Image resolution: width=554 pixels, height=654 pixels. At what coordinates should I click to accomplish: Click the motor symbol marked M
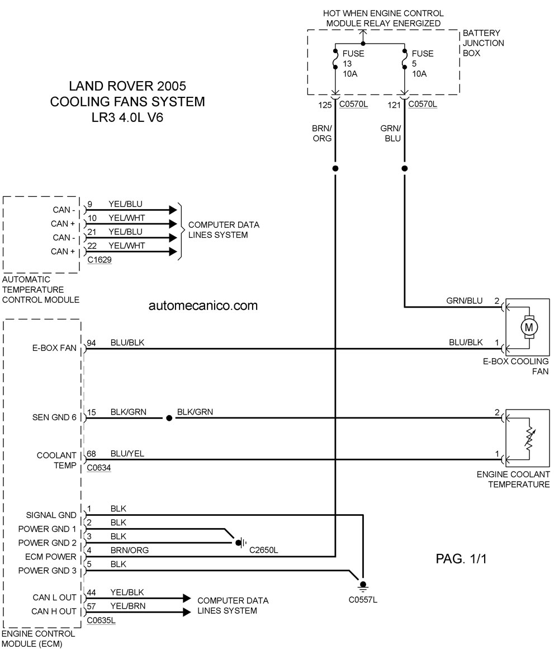click(529, 327)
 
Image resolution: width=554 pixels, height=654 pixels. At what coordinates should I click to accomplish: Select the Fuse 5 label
click(422, 64)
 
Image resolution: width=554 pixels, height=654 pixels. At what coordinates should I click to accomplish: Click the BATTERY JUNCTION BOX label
click(483, 43)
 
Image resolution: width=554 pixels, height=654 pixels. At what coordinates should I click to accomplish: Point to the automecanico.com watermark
click(203, 305)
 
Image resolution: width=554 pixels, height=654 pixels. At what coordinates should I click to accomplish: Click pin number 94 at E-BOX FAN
click(91, 343)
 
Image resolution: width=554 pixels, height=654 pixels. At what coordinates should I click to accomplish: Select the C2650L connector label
click(263, 550)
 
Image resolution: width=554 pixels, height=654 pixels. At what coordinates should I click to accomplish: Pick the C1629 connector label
click(100, 260)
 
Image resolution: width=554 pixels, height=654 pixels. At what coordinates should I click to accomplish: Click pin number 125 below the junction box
click(325, 105)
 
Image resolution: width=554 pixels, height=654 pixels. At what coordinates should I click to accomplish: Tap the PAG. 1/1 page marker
click(461, 558)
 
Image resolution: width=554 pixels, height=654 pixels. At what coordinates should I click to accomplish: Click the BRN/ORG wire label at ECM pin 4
click(130, 550)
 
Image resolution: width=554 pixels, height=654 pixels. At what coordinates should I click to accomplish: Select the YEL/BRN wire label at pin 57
click(128, 606)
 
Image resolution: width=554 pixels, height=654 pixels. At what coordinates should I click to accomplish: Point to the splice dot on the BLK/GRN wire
click(169, 418)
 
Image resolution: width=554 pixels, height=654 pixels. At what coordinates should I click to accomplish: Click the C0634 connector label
click(99, 468)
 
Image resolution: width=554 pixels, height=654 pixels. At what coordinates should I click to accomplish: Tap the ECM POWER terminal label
click(51, 557)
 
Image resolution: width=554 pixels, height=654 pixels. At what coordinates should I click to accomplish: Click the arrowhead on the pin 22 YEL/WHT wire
click(173, 252)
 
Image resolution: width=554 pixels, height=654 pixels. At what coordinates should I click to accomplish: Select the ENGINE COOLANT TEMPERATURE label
click(514, 479)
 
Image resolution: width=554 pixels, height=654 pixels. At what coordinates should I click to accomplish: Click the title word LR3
click(104, 117)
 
